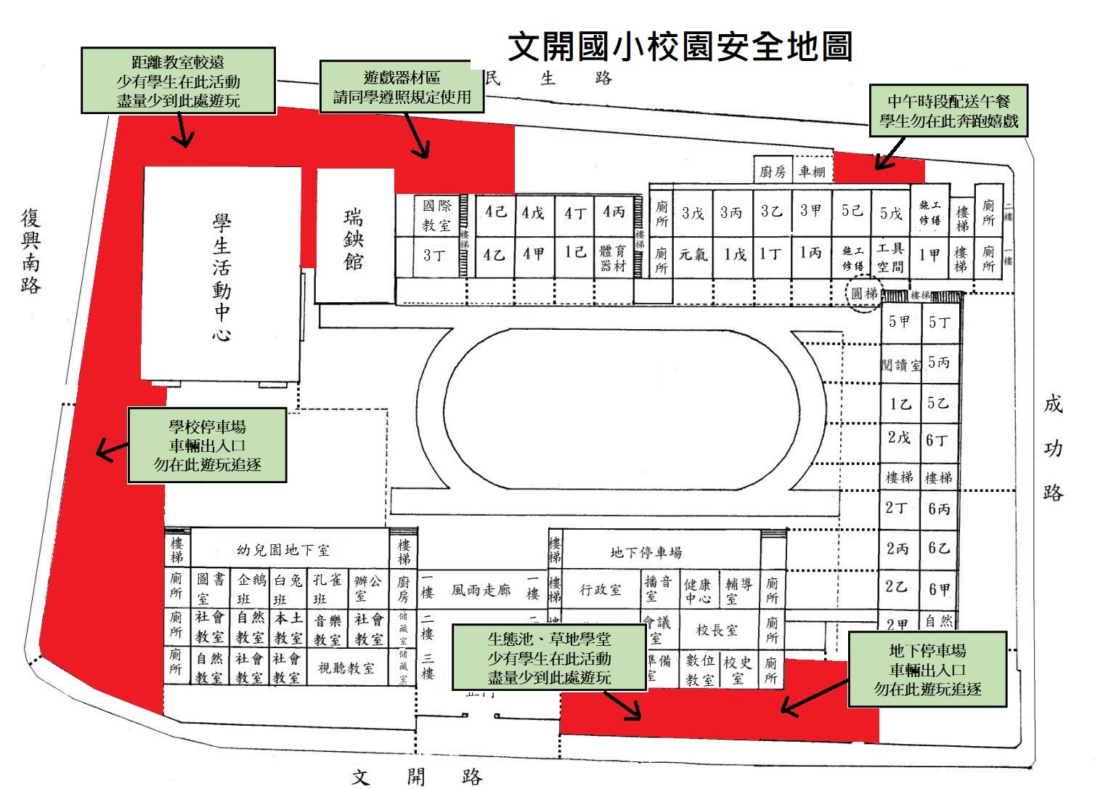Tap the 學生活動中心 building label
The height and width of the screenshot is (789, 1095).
point(221,277)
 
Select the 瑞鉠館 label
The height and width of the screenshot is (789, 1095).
point(354,239)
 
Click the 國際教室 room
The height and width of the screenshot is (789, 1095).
point(436,216)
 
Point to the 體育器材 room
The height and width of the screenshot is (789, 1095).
point(613,258)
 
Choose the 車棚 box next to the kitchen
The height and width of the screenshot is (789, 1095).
point(812,171)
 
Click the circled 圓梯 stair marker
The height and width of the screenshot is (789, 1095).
point(864,294)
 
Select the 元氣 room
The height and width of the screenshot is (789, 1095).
point(692,255)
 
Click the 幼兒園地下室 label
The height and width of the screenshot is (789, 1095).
point(282,550)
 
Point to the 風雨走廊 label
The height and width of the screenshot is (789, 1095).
point(481,591)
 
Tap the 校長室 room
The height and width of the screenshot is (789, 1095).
point(717,630)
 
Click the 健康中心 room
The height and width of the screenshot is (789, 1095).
point(698,591)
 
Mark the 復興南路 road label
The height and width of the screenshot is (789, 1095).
point(30,251)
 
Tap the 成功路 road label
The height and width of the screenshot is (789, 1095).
point(1053,448)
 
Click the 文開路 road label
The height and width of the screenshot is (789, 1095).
point(416,777)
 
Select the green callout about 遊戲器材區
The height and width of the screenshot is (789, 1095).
point(402,87)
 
